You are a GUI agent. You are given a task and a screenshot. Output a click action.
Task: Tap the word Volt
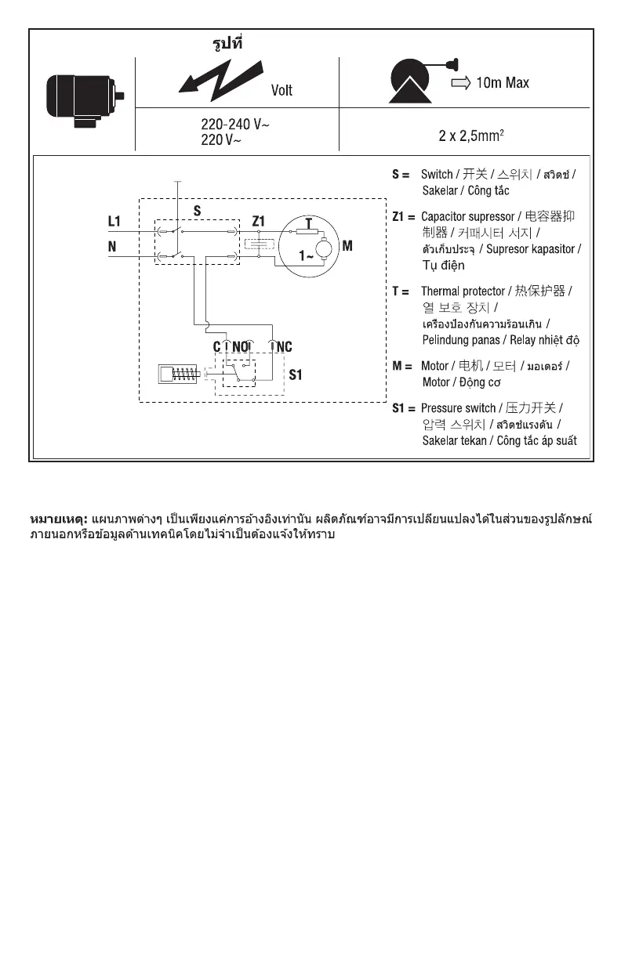coord(281,91)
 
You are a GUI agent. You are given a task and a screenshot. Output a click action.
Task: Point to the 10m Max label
coord(503,82)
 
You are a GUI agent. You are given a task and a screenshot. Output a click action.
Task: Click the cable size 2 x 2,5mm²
coord(470,136)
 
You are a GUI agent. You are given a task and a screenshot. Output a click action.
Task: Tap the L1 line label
coord(114,222)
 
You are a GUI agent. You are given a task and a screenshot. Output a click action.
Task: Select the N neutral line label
coord(112,246)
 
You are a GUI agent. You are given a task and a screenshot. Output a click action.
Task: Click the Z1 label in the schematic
coord(259,222)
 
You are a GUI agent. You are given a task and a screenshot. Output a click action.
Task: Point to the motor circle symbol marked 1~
coord(314,244)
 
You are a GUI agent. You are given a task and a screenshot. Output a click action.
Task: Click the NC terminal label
coord(283,346)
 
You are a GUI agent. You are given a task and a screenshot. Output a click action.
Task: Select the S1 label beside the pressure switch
coord(296,375)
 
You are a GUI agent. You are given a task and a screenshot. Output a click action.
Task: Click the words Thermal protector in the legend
coord(463,291)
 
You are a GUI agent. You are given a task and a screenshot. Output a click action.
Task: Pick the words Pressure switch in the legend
coord(459,408)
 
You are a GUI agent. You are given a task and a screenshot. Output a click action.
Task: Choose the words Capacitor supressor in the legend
coord(467,216)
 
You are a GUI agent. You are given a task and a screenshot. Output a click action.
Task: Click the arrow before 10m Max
coord(459,82)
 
